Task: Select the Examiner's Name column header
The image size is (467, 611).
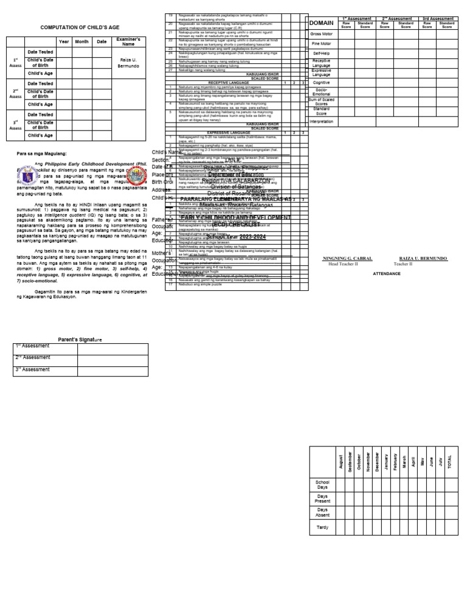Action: tap(128, 41)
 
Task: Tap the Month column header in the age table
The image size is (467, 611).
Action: tap(81, 41)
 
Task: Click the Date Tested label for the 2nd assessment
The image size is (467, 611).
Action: tap(40, 83)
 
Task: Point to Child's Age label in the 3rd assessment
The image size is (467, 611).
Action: tap(40, 135)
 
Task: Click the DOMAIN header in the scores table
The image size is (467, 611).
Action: tap(321, 23)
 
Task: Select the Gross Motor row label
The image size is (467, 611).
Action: tap(321, 34)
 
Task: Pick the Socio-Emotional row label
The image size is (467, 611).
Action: tap(321, 92)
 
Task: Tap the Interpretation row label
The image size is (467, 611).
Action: tap(321, 121)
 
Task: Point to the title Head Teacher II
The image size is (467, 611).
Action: tap(342, 264)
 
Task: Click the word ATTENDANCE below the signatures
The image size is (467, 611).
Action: tap(387, 274)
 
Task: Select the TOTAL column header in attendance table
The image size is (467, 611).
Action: tap(449, 462)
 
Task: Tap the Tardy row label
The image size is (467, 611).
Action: tap(322, 527)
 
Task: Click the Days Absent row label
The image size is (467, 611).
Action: tap(322, 512)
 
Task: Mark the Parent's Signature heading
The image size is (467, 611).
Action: tap(80, 339)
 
